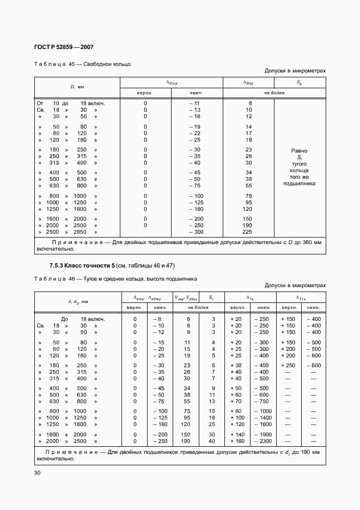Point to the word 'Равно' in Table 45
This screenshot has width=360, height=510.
[x=299, y=150]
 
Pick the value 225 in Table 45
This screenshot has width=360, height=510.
[x=248, y=232]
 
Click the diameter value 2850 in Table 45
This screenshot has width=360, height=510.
[x=80, y=232]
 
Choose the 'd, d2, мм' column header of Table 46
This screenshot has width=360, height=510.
[x=78, y=301]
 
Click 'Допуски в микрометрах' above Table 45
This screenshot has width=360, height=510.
[x=295, y=71]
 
